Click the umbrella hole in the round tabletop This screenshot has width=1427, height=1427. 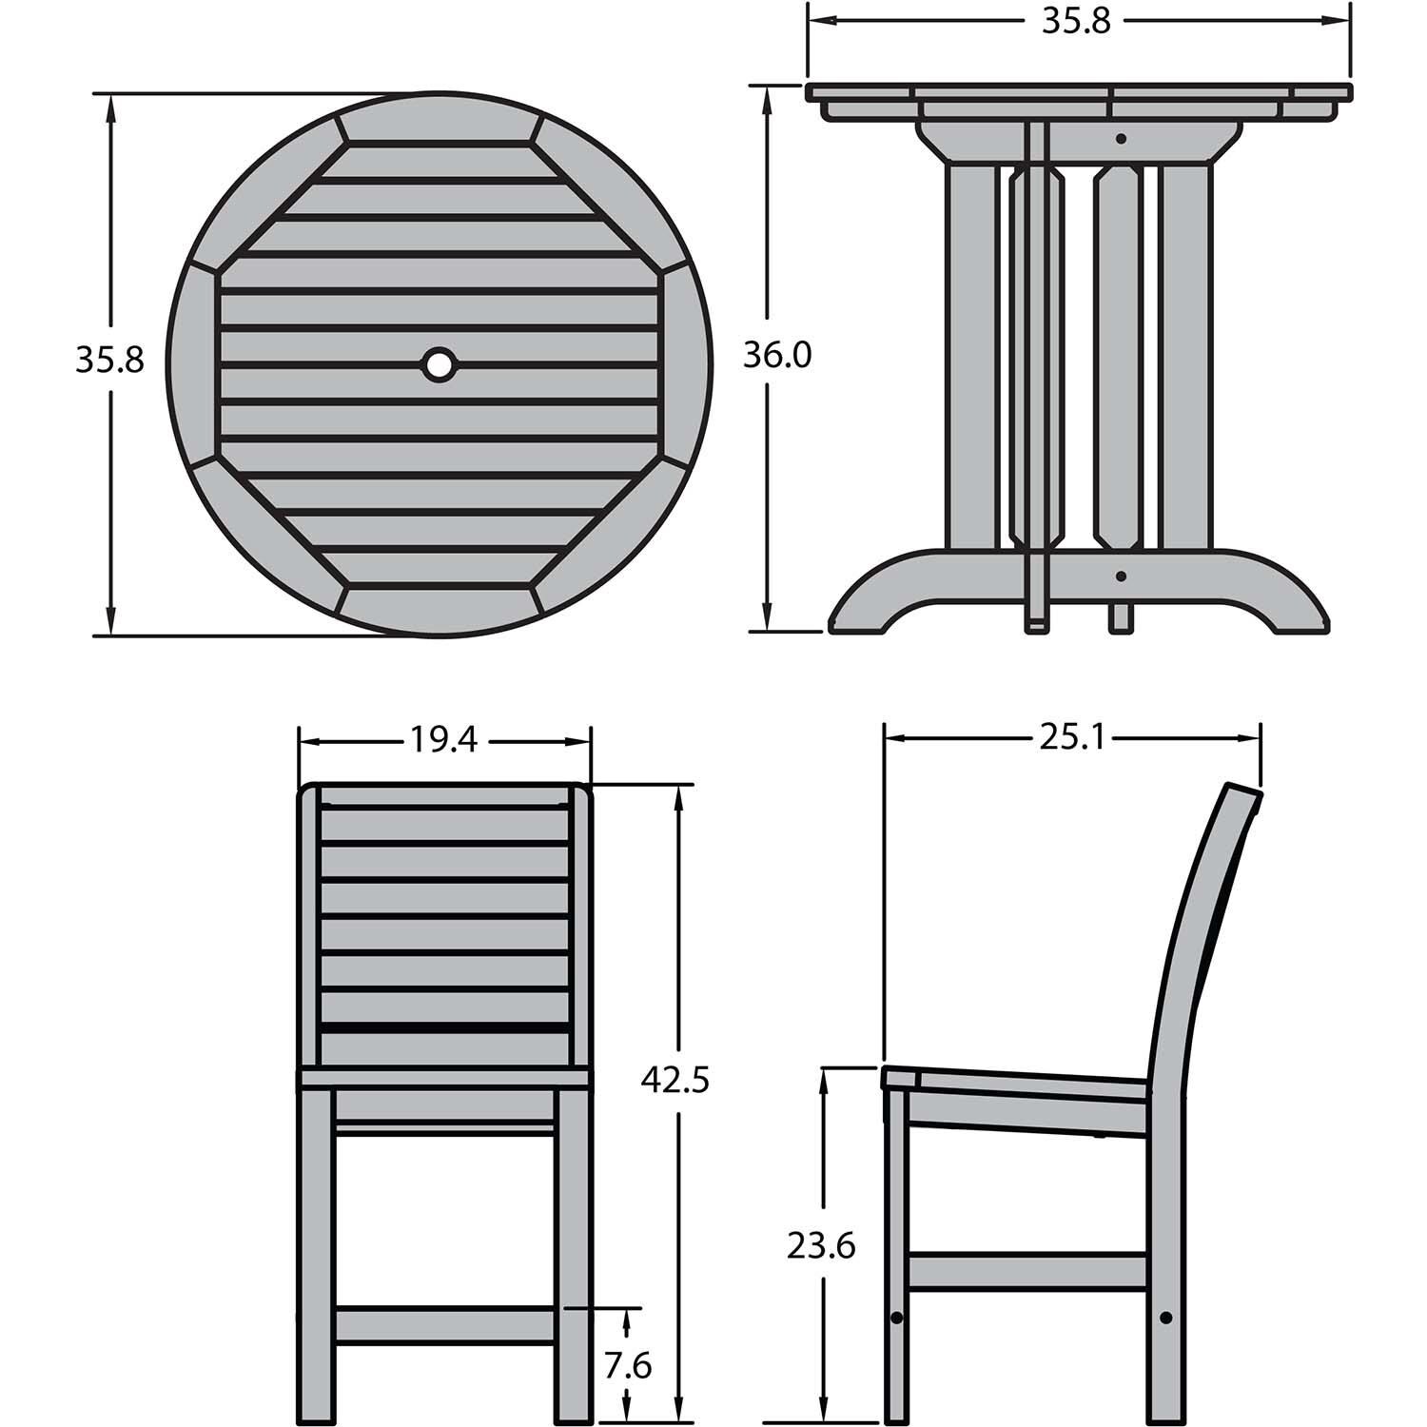pos(439,362)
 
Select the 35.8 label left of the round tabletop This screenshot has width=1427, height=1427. pos(109,360)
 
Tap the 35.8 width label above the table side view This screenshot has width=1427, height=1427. pos(1076,21)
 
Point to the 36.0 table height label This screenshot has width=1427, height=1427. pos(777,356)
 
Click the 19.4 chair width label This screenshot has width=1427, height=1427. pos(443,739)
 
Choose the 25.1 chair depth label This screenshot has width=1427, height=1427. pos(1072,737)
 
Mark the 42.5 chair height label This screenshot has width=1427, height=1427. pos(674,1081)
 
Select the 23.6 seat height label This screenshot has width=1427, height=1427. pos(821,1244)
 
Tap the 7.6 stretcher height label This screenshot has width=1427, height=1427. pos(627,1366)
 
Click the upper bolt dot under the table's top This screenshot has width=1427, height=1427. pos(1122,139)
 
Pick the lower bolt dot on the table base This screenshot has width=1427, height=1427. pos(1122,576)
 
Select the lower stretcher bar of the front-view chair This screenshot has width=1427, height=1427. pos(445,1325)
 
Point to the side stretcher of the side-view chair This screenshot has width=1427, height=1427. pos(1028,1272)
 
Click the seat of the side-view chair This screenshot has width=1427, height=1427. pos(1018,1085)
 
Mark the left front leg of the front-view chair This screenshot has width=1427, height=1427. pos(318,1256)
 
